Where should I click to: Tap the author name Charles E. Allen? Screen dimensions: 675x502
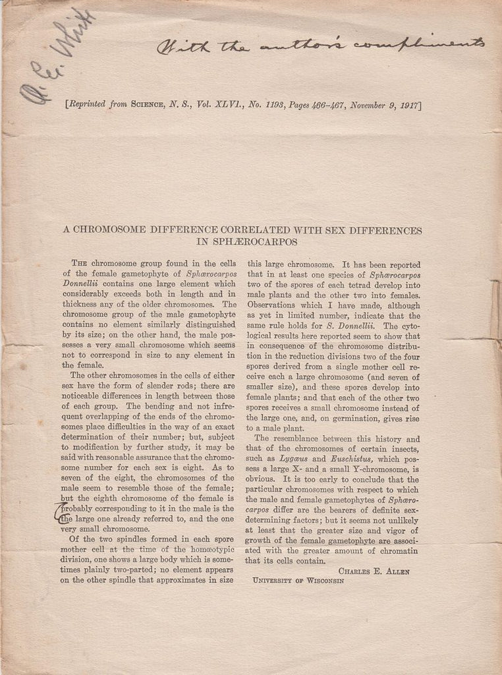pos(378,570)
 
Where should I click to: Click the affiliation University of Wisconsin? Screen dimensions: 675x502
pos(298,580)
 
